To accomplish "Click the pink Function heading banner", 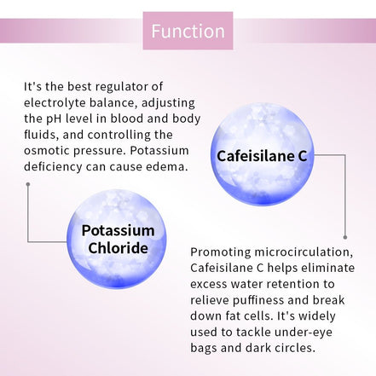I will tap(188, 32).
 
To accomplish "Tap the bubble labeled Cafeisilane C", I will tap(262, 155).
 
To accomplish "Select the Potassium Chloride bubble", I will tap(118, 239).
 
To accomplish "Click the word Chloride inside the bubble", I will tap(118, 248).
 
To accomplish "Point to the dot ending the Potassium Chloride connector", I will tap(28, 183).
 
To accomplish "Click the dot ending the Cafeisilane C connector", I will tap(344, 236).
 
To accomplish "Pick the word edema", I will tap(165, 166).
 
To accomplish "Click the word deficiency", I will tap(55, 166).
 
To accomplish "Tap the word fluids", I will tap(40, 134).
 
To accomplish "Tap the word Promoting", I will tap(222, 252).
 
